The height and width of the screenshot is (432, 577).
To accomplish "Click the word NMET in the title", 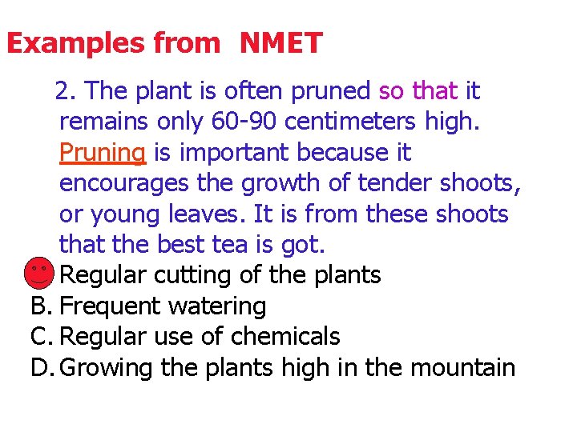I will (280, 42).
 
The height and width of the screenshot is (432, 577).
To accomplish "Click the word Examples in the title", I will (60, 42).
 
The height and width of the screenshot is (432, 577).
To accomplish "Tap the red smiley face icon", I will (38, 273).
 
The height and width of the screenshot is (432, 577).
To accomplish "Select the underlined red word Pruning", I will (102, 152).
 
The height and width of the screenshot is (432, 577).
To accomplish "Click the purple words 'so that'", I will (417, 91).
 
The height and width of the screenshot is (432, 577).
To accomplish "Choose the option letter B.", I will (40, 306).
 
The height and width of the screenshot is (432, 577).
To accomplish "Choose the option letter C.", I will (40, 337).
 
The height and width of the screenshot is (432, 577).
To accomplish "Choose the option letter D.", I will (41, 368).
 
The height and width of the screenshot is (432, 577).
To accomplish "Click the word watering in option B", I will (216, 306).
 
